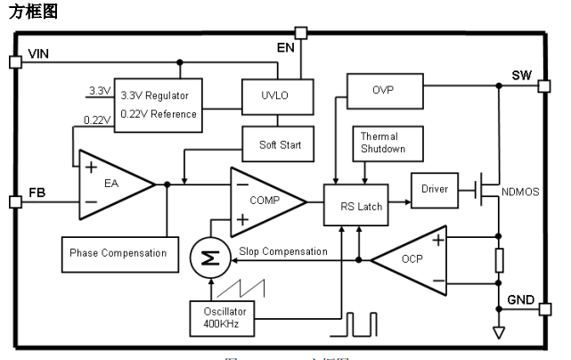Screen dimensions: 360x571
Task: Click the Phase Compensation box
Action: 118,253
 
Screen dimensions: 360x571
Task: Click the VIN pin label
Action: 38,55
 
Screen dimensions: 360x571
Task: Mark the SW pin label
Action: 521,74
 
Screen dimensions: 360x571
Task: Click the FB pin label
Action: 37,192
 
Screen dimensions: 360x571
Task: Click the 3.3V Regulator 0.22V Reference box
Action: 159,104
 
